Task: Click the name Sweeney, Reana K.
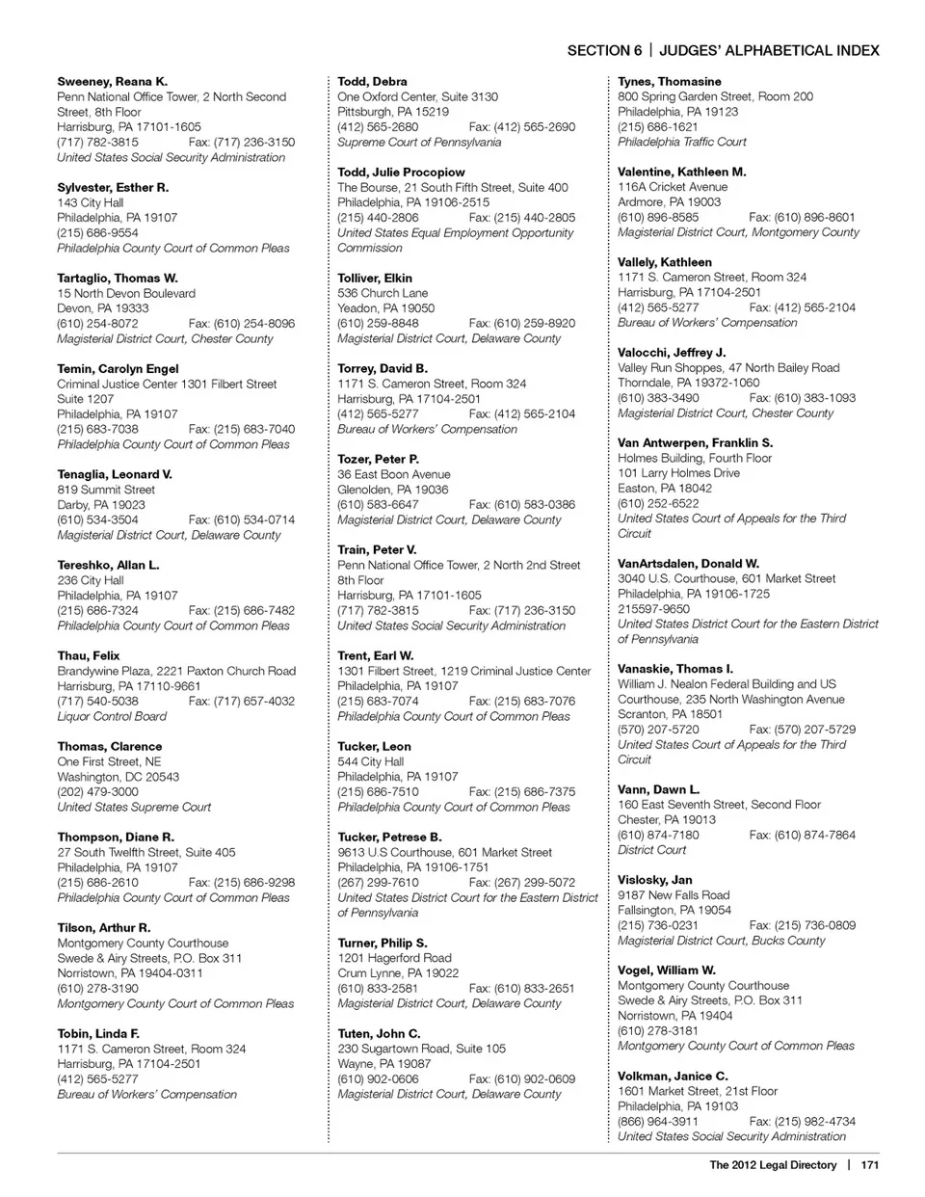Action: [x=112, y=82]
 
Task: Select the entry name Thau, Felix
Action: [x=89, y=655]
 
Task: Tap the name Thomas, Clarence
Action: [x=109, y=746]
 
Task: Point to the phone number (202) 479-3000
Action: [x=97, y=791]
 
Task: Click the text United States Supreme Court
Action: [x=134, y=807]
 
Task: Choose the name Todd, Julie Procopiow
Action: [x=401, y=173]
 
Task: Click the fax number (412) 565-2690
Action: [x=522, y=126]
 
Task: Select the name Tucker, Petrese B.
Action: [x=389, y=837]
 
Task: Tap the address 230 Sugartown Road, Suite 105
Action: [x=421, y=1049]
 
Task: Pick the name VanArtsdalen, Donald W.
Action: [x=688, y=563]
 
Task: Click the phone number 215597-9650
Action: [x=653, y=608]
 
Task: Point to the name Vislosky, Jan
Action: [x=654, y=880]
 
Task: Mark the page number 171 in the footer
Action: [x=870, y=1165]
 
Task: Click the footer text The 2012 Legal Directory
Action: [x=773, y=1165]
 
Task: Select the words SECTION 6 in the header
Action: [x=604, y=51]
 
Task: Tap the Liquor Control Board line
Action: [x=112, y=716]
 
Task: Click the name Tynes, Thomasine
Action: [x=669, y=82]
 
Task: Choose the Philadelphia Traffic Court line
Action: [x=681, y=142]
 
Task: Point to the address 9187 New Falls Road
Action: [x=674, y=894]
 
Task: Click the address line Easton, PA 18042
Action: [x=665, y=488]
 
